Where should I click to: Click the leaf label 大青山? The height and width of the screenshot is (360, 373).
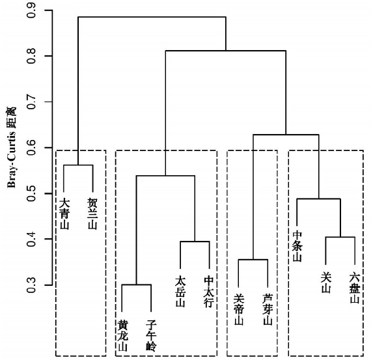(x=64, y=214)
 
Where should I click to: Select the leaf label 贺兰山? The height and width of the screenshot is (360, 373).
(x=93, y=214)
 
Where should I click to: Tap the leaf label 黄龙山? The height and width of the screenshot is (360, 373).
(x=123, y=336)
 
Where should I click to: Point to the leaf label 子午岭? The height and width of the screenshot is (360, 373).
(x=152, y=336)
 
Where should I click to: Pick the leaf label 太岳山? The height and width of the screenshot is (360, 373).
(x=180, y=291)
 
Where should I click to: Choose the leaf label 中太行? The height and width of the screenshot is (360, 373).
(x=210, y=292)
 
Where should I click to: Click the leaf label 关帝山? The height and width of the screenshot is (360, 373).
(x=239, y=310)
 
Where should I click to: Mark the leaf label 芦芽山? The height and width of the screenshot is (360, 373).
(x=268, y=310)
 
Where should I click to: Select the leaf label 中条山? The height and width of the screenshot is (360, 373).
(x=297, y=246)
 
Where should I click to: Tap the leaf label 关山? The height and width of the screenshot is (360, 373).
(x=326, y=283)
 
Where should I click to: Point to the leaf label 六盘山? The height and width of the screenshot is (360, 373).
(x=355, y=288)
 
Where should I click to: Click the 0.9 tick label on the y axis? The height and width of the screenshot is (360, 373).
(x=31, y=10)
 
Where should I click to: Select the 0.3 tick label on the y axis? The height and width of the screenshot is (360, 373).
(x=31, y=285)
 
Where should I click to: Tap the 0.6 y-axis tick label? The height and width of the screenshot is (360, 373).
(x=31, y=148)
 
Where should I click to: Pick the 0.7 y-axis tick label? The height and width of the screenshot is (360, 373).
(x=31, y=102)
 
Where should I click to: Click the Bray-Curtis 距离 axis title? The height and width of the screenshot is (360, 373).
(x=12, y=148)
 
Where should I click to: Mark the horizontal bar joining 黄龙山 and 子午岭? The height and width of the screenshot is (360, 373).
(x=137, y=284)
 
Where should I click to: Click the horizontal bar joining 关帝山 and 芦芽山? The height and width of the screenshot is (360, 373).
(x=253, y=260)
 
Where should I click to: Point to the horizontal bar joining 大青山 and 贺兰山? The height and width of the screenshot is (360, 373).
(x=78, y=165)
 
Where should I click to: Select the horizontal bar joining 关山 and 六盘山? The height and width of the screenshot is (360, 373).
(x=340, y=237)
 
